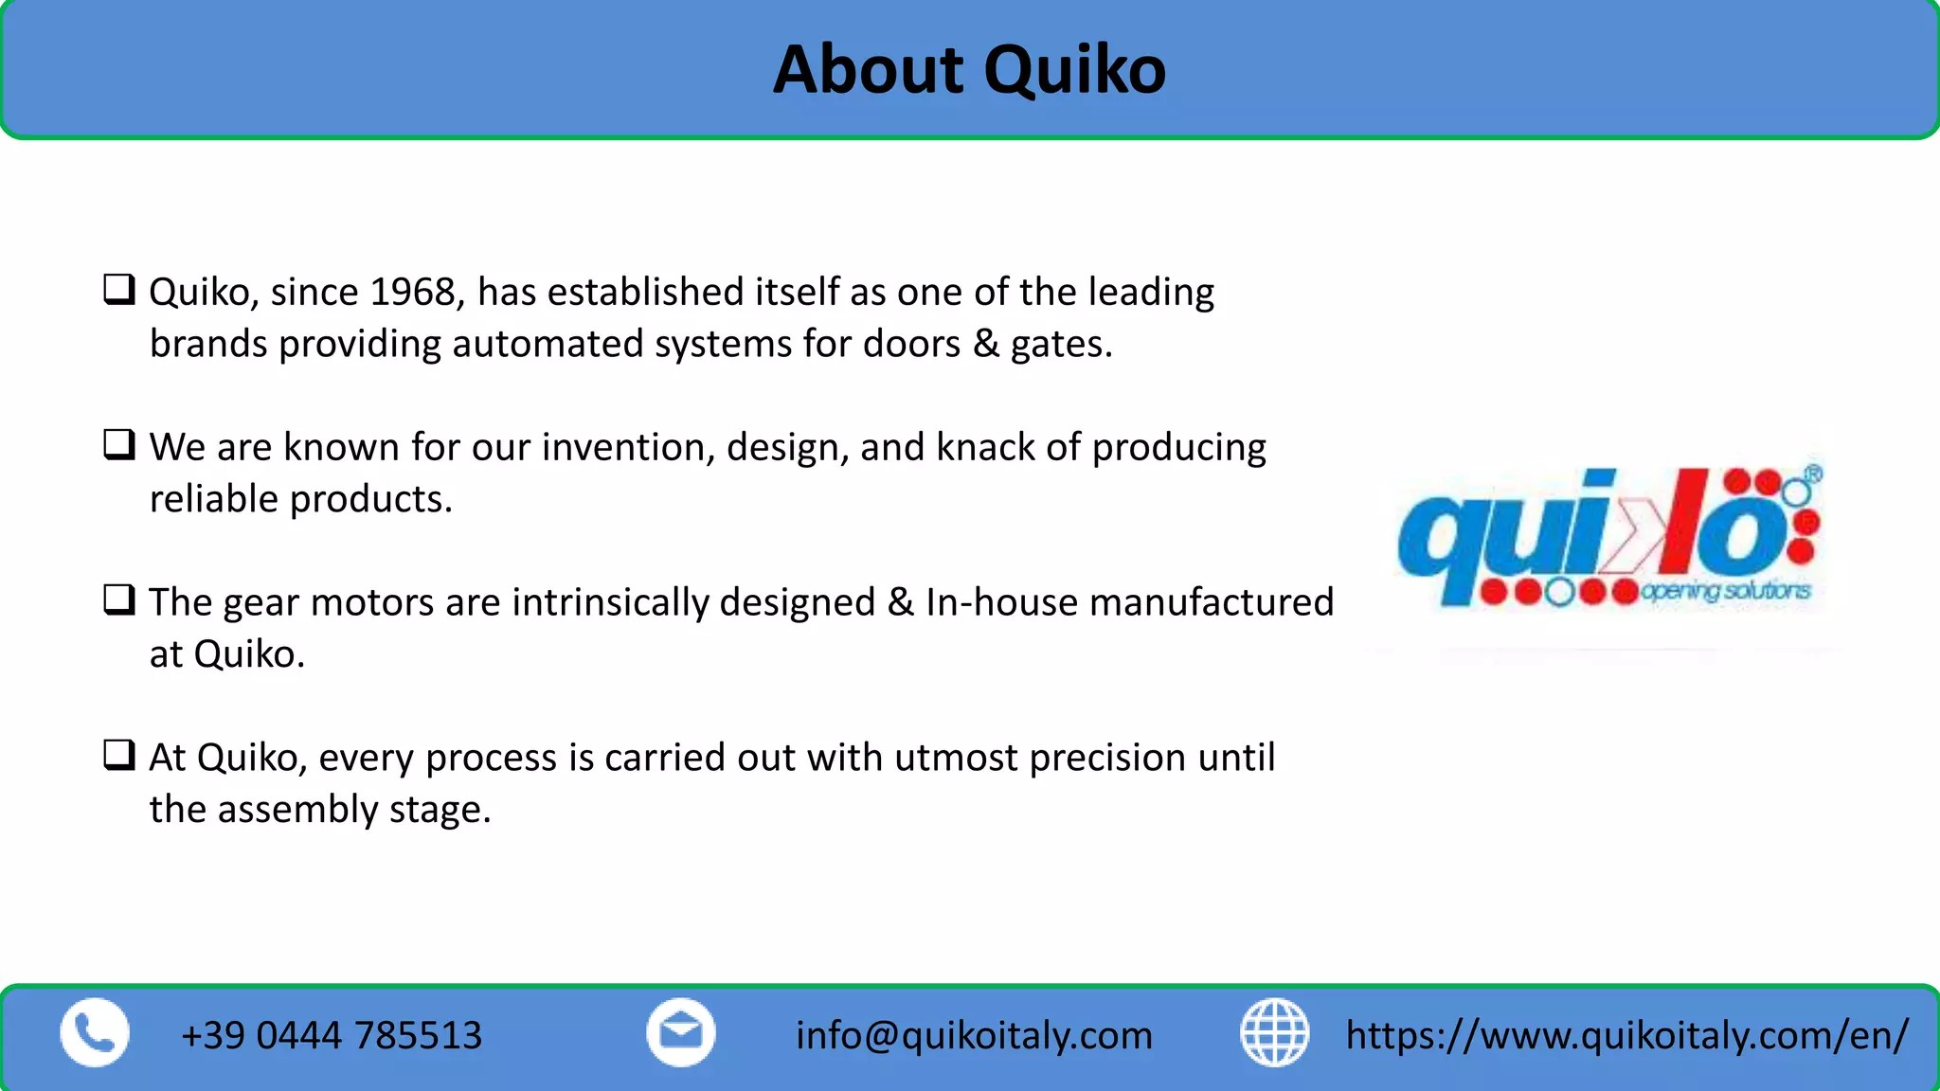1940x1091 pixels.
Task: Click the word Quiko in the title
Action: (1074, 71)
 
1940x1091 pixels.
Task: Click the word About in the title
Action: (868, 70)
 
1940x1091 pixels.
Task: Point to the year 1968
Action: (413, 292)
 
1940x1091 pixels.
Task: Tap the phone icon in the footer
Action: (95, 1033)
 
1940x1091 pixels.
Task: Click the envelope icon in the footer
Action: (681, 1033)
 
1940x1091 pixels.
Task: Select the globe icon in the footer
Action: (1274, 1033)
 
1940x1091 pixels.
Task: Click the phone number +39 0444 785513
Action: (332, 1035)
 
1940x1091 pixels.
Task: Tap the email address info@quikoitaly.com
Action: (974, 1035)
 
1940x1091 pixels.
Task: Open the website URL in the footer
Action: (1626, 1035)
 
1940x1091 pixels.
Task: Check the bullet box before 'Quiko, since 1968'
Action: (119, 289)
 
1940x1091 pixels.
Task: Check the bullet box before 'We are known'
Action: (119, 444)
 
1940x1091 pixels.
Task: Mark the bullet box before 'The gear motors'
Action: (119, 599)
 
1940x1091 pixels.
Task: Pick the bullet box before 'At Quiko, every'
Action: (119, 755)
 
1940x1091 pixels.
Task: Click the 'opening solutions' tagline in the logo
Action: (1725, 592)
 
